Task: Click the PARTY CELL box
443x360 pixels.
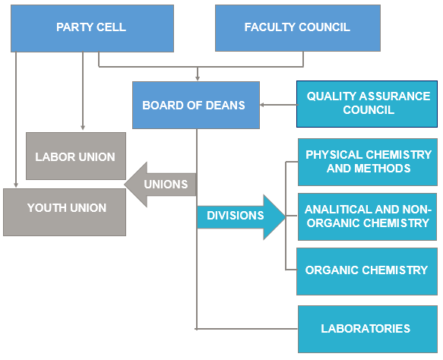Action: coord(92,28)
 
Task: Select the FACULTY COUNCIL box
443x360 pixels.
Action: coord(298,28)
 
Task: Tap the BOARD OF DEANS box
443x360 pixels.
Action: coord(196,105)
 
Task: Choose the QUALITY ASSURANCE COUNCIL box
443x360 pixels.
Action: coord(367,104)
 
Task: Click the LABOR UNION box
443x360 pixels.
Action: coord(76,156)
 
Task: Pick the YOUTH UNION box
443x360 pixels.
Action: coord(65,212)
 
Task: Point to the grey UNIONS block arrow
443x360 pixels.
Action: coord(160,185)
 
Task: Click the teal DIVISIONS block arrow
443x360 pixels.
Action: coord(242,217)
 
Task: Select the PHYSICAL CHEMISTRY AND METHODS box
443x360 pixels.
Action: coord(368,162)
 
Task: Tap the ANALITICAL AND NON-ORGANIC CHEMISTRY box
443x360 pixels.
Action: coord(367,217)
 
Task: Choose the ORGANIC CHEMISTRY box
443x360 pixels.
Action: coord(367,272)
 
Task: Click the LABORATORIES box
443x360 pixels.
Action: coord(368,329)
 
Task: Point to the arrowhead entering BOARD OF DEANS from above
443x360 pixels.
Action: coord(198,78)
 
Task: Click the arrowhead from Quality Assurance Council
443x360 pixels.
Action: coord(262,105)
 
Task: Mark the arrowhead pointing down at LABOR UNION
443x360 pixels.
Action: coord(83,128)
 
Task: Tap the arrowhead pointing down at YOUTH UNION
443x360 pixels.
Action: coord(16,185)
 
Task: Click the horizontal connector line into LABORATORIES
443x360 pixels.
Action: coord(247,329)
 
